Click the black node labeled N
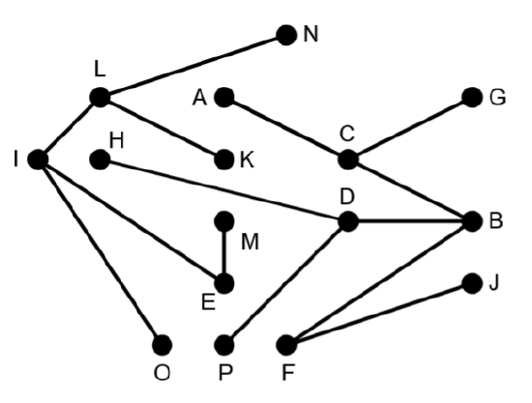coord(286,35)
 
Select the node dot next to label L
coord(100,98)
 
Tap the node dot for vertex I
coord(38,159)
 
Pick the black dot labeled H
coord(100,159)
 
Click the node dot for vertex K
coord(224,159)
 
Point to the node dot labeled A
coord(224,98)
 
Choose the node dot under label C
coord(348,159)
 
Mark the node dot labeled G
coord(472,98)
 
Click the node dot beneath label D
coord(348,221)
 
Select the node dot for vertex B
coord(472,221)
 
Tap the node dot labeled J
coord(472,283)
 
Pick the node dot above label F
coord(286,345)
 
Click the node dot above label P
coord(224,345)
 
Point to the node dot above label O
coord(162,345)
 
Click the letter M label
coord(250,242)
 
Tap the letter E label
coord(208,302)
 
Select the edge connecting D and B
coord(410,221)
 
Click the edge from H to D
coord(224,190)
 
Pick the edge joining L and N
coord(193,66)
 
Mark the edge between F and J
coord(379,314)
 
